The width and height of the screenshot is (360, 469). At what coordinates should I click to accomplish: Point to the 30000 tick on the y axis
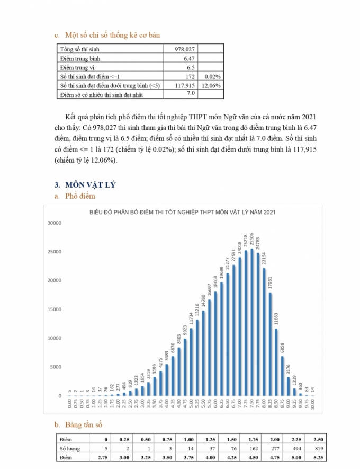pyautogui.click(x=55, y=223)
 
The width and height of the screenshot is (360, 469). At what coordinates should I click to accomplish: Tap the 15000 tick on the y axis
pyautogui.click(x=55, y=309)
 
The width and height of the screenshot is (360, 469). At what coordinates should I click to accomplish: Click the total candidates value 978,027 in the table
pyautogui.click(x=185, y=49)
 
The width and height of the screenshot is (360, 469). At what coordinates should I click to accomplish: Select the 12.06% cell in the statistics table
pyautogui.click(x=211, y=85)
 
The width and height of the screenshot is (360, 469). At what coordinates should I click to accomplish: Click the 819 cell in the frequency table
pyautogui.click(x=317, y=448)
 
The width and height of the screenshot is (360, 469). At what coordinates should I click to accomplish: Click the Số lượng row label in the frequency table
pyautogui.click(x=69, y=448)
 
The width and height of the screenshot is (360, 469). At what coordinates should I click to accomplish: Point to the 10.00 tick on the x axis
pyautogui.click(x=313, y=405)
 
